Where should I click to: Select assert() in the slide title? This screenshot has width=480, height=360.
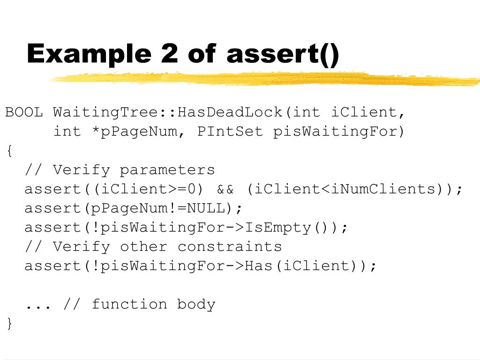tap(282, 54)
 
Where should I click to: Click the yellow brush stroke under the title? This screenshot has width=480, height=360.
tap(262, 79)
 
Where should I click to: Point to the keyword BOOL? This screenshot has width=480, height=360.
tap(24, 112)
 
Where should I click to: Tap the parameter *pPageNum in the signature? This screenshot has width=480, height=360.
tap(135, 132)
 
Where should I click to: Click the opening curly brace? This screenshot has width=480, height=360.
tap(9, 151)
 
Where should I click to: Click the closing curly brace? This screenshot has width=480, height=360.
tap(9, 323)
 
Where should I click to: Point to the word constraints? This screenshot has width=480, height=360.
tap(230, 247)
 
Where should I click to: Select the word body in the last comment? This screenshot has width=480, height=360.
tap(196, 305)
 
